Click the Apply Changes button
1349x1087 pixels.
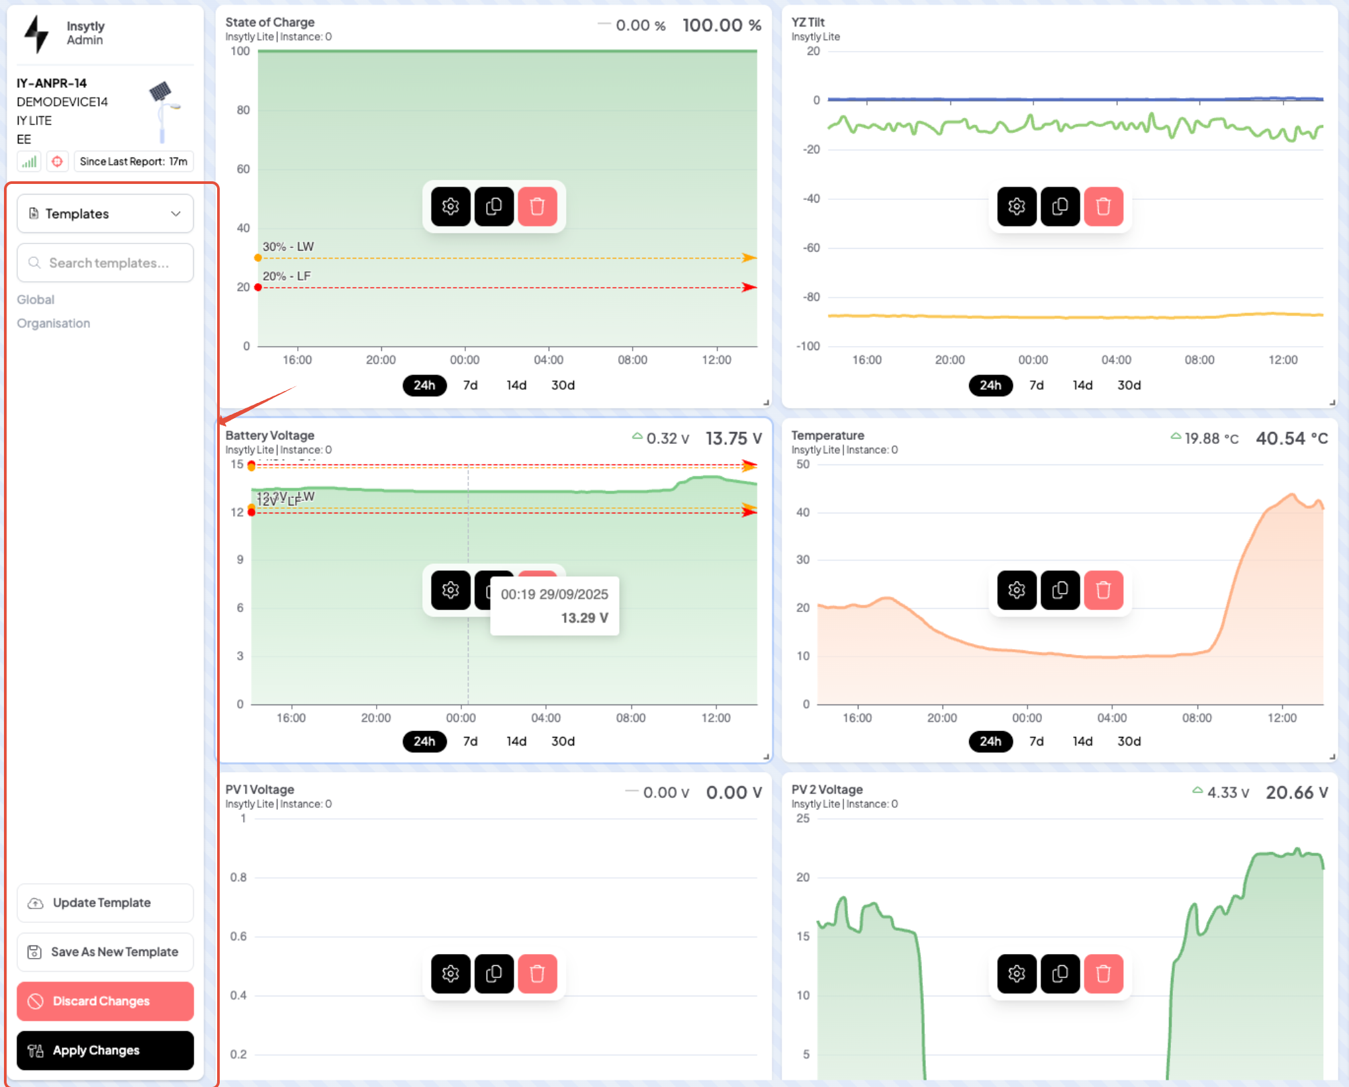click(105, 1050)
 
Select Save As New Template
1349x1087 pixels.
click(105, 952)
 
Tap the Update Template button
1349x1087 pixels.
click(105, 903)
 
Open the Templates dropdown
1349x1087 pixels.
click(105, 214)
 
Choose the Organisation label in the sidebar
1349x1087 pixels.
click(54, 324)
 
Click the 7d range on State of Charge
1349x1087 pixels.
click(470, 385)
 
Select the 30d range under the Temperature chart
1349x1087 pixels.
click(1129, 741)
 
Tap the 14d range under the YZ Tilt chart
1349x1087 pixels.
click(1082, 385)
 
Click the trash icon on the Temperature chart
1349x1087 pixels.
click(1103, 589)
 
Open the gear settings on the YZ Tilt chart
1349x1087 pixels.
click(1017, 206)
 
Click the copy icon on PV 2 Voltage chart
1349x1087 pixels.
click(1060, 973)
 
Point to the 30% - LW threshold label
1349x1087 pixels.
click(289, 247)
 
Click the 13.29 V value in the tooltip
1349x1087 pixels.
click(584, 618)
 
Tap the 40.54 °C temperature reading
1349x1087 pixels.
click(1291, 439)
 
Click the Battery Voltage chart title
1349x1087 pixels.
click(270, 435)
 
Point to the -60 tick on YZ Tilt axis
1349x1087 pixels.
click(811, 248)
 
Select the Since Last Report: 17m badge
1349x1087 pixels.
click(134, 161)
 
